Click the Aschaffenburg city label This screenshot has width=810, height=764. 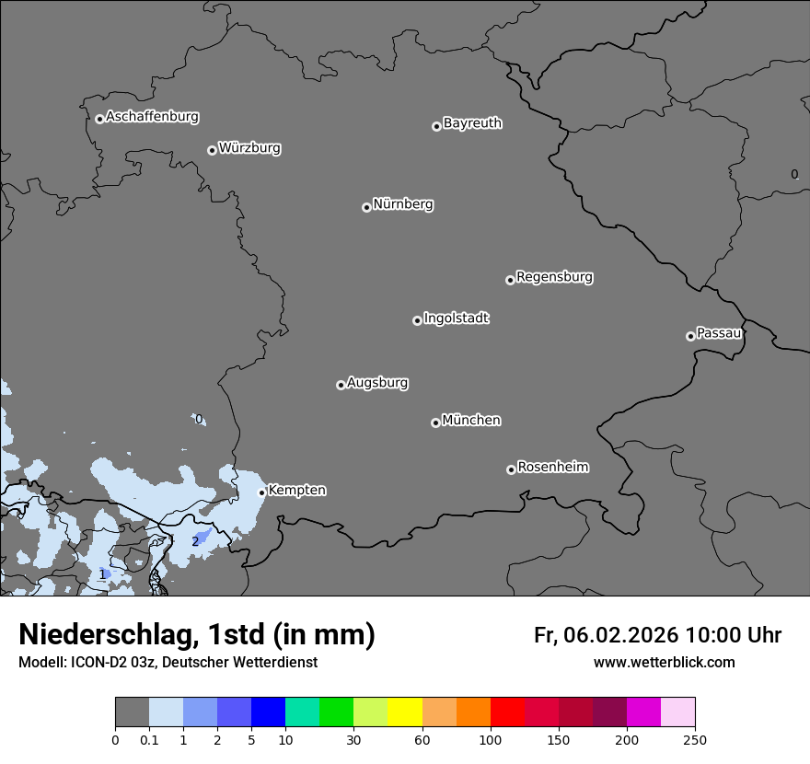click(x=152, y=117)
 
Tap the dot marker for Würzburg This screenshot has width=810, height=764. click(x=212, y=150)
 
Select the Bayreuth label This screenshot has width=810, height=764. click(x=472, y=123)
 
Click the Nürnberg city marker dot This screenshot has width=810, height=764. click(x=366, y=207)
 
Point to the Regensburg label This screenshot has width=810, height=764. click(x=554, y=277)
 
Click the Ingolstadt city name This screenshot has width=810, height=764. click(x=456, y=318)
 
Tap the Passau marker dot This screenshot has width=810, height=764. click(x=690, y=336)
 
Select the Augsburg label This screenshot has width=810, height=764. click(x=377, y=383)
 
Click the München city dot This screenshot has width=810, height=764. click(x=435, y=423)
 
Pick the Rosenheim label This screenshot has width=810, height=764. click(x=552, y=468)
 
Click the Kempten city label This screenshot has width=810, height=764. click(x=296, y=491)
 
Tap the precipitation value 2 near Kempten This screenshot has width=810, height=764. click(x=195, y=541)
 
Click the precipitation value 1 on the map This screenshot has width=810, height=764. click(x=102, y=574)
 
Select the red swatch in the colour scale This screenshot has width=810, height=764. click(x=507, y=712)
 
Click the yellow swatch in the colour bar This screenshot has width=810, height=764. click(x=405, y=712)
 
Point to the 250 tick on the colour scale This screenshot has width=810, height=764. click(x=695, y=739)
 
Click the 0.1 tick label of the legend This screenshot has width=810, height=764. click(x=149, y=739)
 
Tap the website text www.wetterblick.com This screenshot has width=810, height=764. click(x=664, y=663)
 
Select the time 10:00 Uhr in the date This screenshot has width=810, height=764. click(x=733, y=635)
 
